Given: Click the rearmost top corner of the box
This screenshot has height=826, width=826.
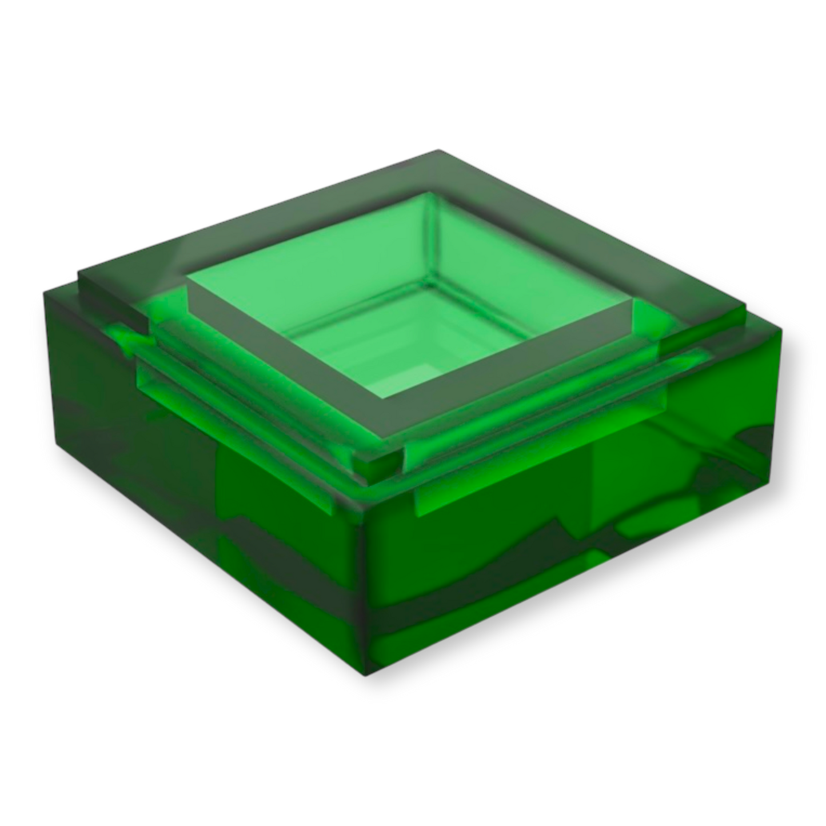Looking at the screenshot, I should (x=437, y=150).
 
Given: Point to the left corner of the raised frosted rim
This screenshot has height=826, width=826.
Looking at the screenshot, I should (x=80, y=273).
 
